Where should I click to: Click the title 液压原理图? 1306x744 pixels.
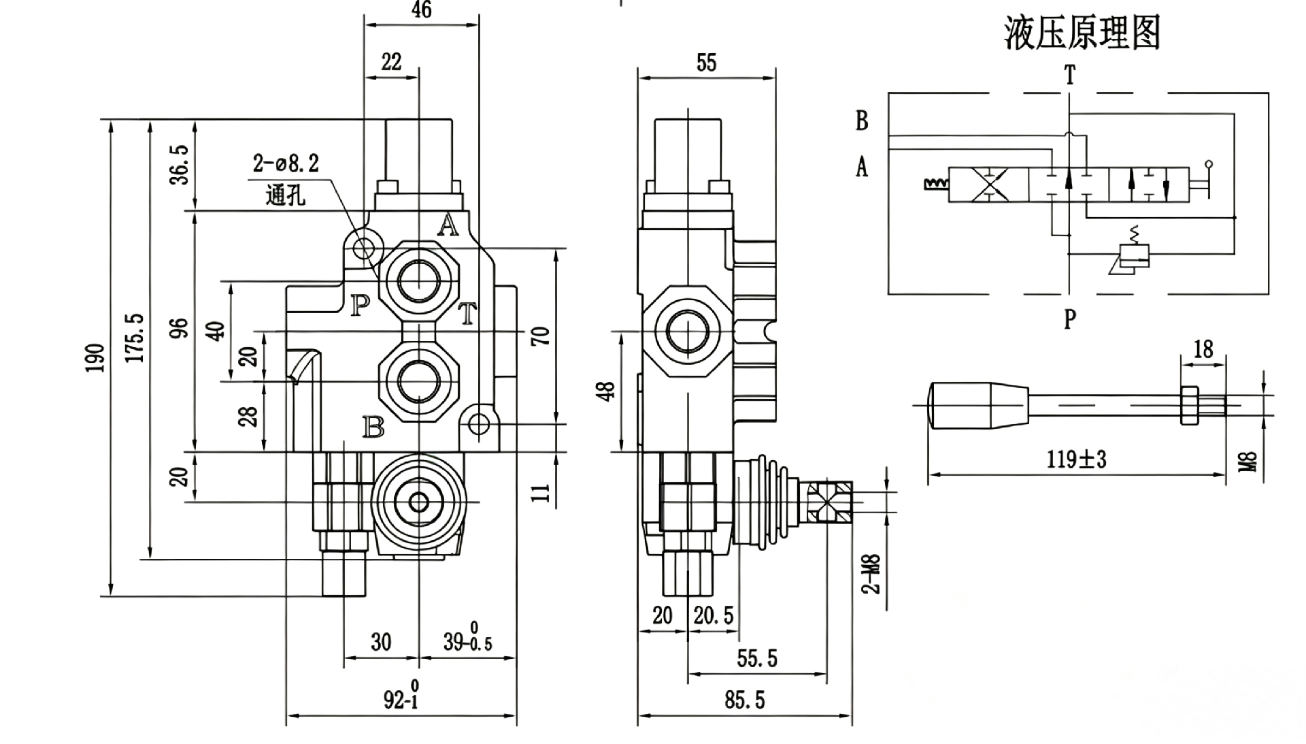point(1082,33)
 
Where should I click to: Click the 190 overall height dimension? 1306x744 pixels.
point(95,358)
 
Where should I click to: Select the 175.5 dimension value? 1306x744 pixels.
point(135,338)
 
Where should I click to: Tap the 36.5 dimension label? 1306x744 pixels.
point(180,164)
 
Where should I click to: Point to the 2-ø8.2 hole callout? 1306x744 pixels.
point(286,163)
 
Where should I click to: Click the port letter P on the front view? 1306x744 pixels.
point(360,306)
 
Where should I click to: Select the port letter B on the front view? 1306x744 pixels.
point(373,427)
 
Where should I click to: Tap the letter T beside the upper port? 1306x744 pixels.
point(467,314)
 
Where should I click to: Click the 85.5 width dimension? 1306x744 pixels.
point(745,700)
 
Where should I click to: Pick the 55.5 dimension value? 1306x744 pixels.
point(757,658)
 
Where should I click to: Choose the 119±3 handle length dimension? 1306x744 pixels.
point(1077,459)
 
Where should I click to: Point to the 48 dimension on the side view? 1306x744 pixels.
point(607,391)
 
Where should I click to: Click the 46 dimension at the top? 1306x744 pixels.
point(422,10)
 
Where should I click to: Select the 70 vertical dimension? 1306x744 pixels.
point(541,336)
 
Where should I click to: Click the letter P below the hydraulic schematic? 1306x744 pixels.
point(1070,318)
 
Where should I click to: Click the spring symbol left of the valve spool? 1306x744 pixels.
point(936,183)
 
